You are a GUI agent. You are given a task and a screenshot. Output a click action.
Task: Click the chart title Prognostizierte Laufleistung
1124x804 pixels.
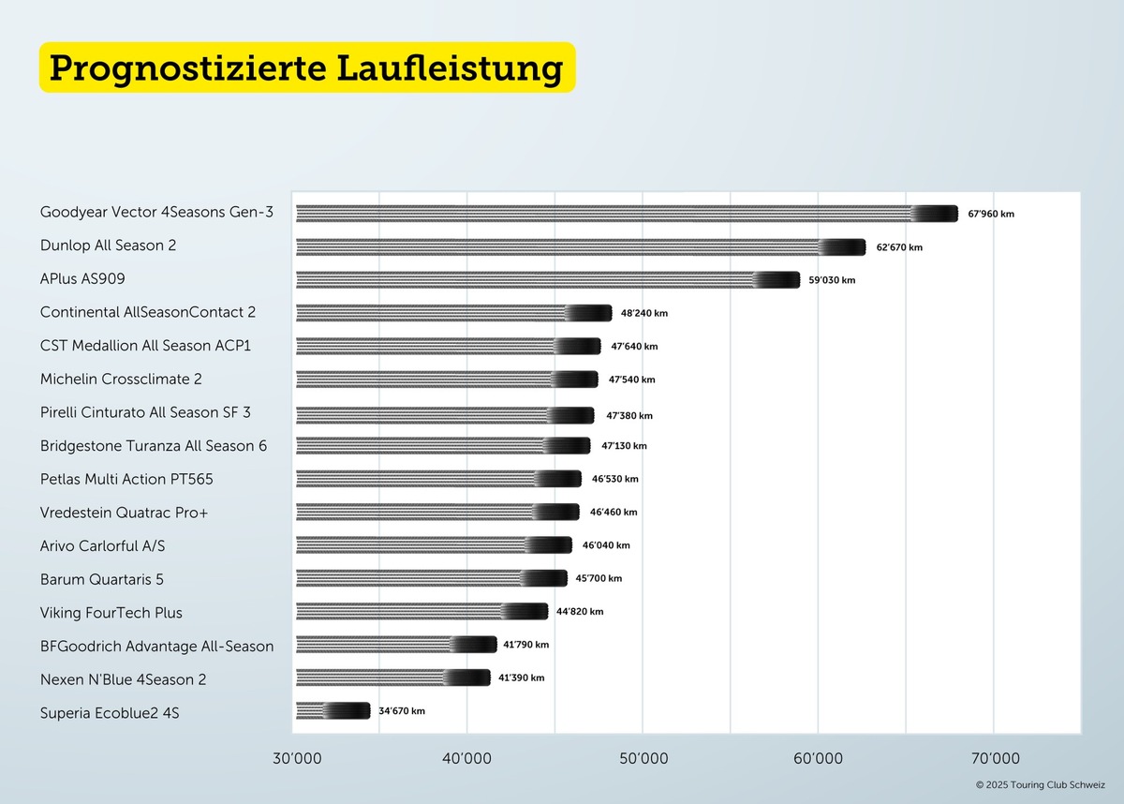tap(306, 67)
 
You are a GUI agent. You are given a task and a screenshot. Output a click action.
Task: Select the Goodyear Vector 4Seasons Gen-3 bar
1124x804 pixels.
tap(626, 214)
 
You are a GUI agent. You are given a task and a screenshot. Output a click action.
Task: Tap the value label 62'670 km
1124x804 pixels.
tap(899, 247)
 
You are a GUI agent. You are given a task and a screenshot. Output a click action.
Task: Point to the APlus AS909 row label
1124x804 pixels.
tap(82, 279)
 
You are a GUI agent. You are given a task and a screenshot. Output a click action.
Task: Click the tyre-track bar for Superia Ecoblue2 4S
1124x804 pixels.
tap(333, 711)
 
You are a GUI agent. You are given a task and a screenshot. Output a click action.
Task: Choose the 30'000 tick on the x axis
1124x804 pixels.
tap(295, 758)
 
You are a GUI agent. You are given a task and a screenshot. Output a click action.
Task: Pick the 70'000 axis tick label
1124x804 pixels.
tap(994, 758)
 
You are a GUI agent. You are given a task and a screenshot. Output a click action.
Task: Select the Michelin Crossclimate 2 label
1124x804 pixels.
tap(121, 380)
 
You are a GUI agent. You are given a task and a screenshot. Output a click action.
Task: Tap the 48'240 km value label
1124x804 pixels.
tap(644, 313)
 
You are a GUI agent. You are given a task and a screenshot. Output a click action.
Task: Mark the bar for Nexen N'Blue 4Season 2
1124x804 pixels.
tap(392, 677)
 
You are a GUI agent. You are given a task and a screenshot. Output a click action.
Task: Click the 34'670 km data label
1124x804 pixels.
tap(402, 711)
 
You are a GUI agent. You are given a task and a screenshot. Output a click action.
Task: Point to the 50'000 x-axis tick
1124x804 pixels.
tap(643, 758)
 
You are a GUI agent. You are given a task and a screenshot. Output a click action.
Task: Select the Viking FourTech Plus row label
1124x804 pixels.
tap(111, 613)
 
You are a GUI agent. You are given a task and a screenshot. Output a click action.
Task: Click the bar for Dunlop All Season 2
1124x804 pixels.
tap(581, 247)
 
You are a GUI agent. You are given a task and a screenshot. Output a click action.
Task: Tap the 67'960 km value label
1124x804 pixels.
tap(991, 214)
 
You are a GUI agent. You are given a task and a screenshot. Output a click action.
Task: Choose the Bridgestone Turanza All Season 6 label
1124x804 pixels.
tap(154, 446)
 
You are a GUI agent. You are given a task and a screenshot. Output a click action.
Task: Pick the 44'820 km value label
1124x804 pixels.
tap(580, 612)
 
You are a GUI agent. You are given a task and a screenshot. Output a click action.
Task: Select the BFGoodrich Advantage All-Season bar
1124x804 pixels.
tap(396, 645)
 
